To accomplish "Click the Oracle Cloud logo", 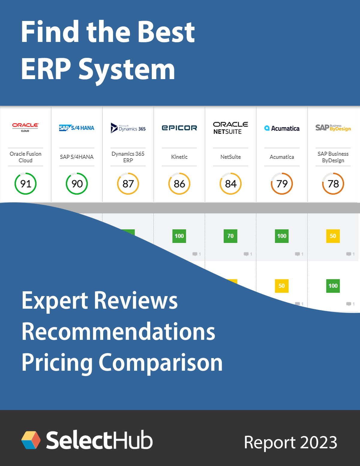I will pos(25,127).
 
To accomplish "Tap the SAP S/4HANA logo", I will pos(77,128).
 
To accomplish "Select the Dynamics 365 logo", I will pos(128,128).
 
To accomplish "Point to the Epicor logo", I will pos(179,128).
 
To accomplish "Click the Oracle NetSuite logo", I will pos(230,128).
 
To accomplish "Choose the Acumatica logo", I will pos(282,128).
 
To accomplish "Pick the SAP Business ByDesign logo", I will pos(333,128).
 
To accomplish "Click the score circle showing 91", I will pos(25,183).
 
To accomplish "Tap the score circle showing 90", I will pos(77,183).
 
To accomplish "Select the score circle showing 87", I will pos(128,183).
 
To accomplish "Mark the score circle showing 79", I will pos(282,183).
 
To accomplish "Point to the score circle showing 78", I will pos(333,183).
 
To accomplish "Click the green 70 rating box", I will pos(230,236).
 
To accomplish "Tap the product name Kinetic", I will pos(179,157).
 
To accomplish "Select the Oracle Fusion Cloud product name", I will pos(25,157).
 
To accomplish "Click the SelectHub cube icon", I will pos(31,440).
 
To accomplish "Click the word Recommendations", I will pos(118,332).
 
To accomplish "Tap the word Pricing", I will pos(57,363).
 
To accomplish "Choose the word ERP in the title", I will pos(46,69).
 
